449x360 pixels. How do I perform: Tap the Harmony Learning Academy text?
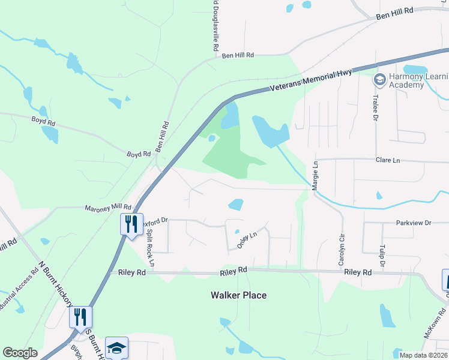(x=419, y=80)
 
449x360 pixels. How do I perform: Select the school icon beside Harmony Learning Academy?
(x=379, y=80)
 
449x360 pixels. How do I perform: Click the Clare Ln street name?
(x=387, y=161)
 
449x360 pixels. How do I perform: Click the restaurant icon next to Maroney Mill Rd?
(x=131, y=224)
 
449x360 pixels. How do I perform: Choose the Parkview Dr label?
(x=414, y=223)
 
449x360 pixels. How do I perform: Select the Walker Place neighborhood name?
(x=238, y=295)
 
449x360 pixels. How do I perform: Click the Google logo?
(x=20, y=353)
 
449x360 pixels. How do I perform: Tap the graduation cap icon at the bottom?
(x=116, y=347)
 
